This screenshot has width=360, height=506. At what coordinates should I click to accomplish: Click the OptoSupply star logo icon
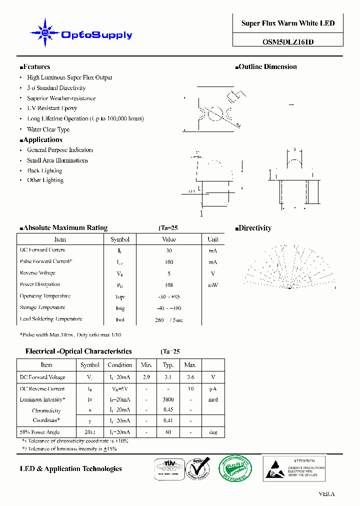pos(45,33)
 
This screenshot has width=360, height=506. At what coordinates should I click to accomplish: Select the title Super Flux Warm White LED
pos(288,23)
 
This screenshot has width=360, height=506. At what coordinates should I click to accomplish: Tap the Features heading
pos(35,67)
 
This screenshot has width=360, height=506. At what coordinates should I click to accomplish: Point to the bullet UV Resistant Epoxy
pos(52,108)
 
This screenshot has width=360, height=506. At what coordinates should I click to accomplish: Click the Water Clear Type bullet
pos(48,129)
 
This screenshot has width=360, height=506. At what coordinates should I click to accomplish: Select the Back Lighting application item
pos(44,170)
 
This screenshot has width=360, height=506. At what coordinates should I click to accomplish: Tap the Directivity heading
pos(253,228)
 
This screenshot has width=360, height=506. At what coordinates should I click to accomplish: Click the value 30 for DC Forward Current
pos(169,250)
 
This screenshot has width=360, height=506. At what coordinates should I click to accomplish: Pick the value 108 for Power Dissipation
pos(169,285)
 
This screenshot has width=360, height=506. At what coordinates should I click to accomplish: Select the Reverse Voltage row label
pos(37,273)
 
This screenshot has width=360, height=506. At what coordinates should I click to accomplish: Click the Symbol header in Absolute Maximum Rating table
pos(120,239)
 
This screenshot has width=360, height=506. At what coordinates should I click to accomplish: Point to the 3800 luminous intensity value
pos(168,399)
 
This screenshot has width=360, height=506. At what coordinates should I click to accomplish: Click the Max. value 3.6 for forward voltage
pos(190,377)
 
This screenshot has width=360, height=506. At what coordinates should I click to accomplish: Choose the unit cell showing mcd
pos(213,399)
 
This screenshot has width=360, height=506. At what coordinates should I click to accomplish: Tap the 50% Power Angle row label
pos(39,432)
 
